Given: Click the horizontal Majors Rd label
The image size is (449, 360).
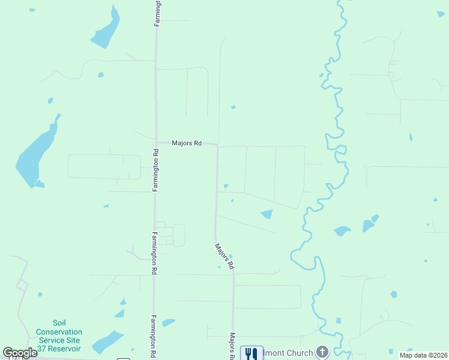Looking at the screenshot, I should point(186,143).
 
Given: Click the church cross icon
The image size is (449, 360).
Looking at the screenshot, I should point(322,352).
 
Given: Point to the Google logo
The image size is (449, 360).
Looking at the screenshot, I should point(20,353).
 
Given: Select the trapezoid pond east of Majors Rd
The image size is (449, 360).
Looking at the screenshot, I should point(267,214).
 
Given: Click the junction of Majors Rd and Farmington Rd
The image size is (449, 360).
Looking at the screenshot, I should point(156,143).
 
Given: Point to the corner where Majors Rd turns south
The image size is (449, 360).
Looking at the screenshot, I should point(217,146).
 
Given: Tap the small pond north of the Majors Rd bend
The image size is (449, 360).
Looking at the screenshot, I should point(233,107).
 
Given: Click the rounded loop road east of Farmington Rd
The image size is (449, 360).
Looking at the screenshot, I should point(179,235).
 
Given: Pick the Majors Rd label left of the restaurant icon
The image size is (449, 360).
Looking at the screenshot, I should point(232,346).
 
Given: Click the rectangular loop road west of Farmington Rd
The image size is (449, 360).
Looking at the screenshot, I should point(104,166).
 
